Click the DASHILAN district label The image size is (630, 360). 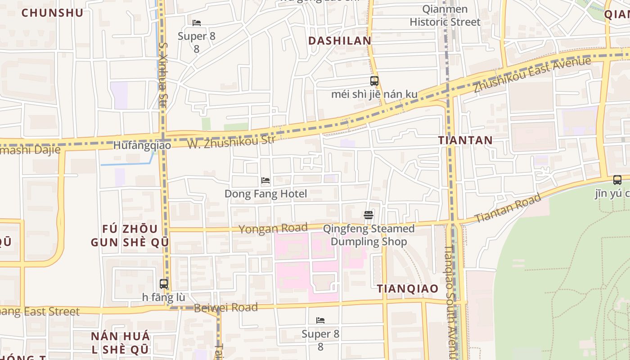point(340,41)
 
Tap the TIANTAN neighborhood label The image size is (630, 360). point(466,140)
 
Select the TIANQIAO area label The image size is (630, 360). point(408,289)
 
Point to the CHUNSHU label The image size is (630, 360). point(53,13)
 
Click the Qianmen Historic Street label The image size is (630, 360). point(445,16)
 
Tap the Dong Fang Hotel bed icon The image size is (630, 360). point(265,180)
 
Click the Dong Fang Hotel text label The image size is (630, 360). point(265,194)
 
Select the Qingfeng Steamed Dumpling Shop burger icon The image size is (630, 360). point(369,215)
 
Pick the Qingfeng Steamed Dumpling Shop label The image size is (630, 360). point(369,235)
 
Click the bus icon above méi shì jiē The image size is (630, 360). point(374,81)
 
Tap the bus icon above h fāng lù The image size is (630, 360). point(164,284)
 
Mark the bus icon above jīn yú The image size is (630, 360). point(617,180)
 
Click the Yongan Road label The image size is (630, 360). point(273,229)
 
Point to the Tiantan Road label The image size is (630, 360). point(508,208)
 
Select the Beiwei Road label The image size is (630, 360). point(225,308)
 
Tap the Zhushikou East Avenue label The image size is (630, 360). point(532,75)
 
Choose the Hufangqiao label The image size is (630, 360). point(142,145)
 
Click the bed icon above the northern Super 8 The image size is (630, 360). point(197,23)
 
